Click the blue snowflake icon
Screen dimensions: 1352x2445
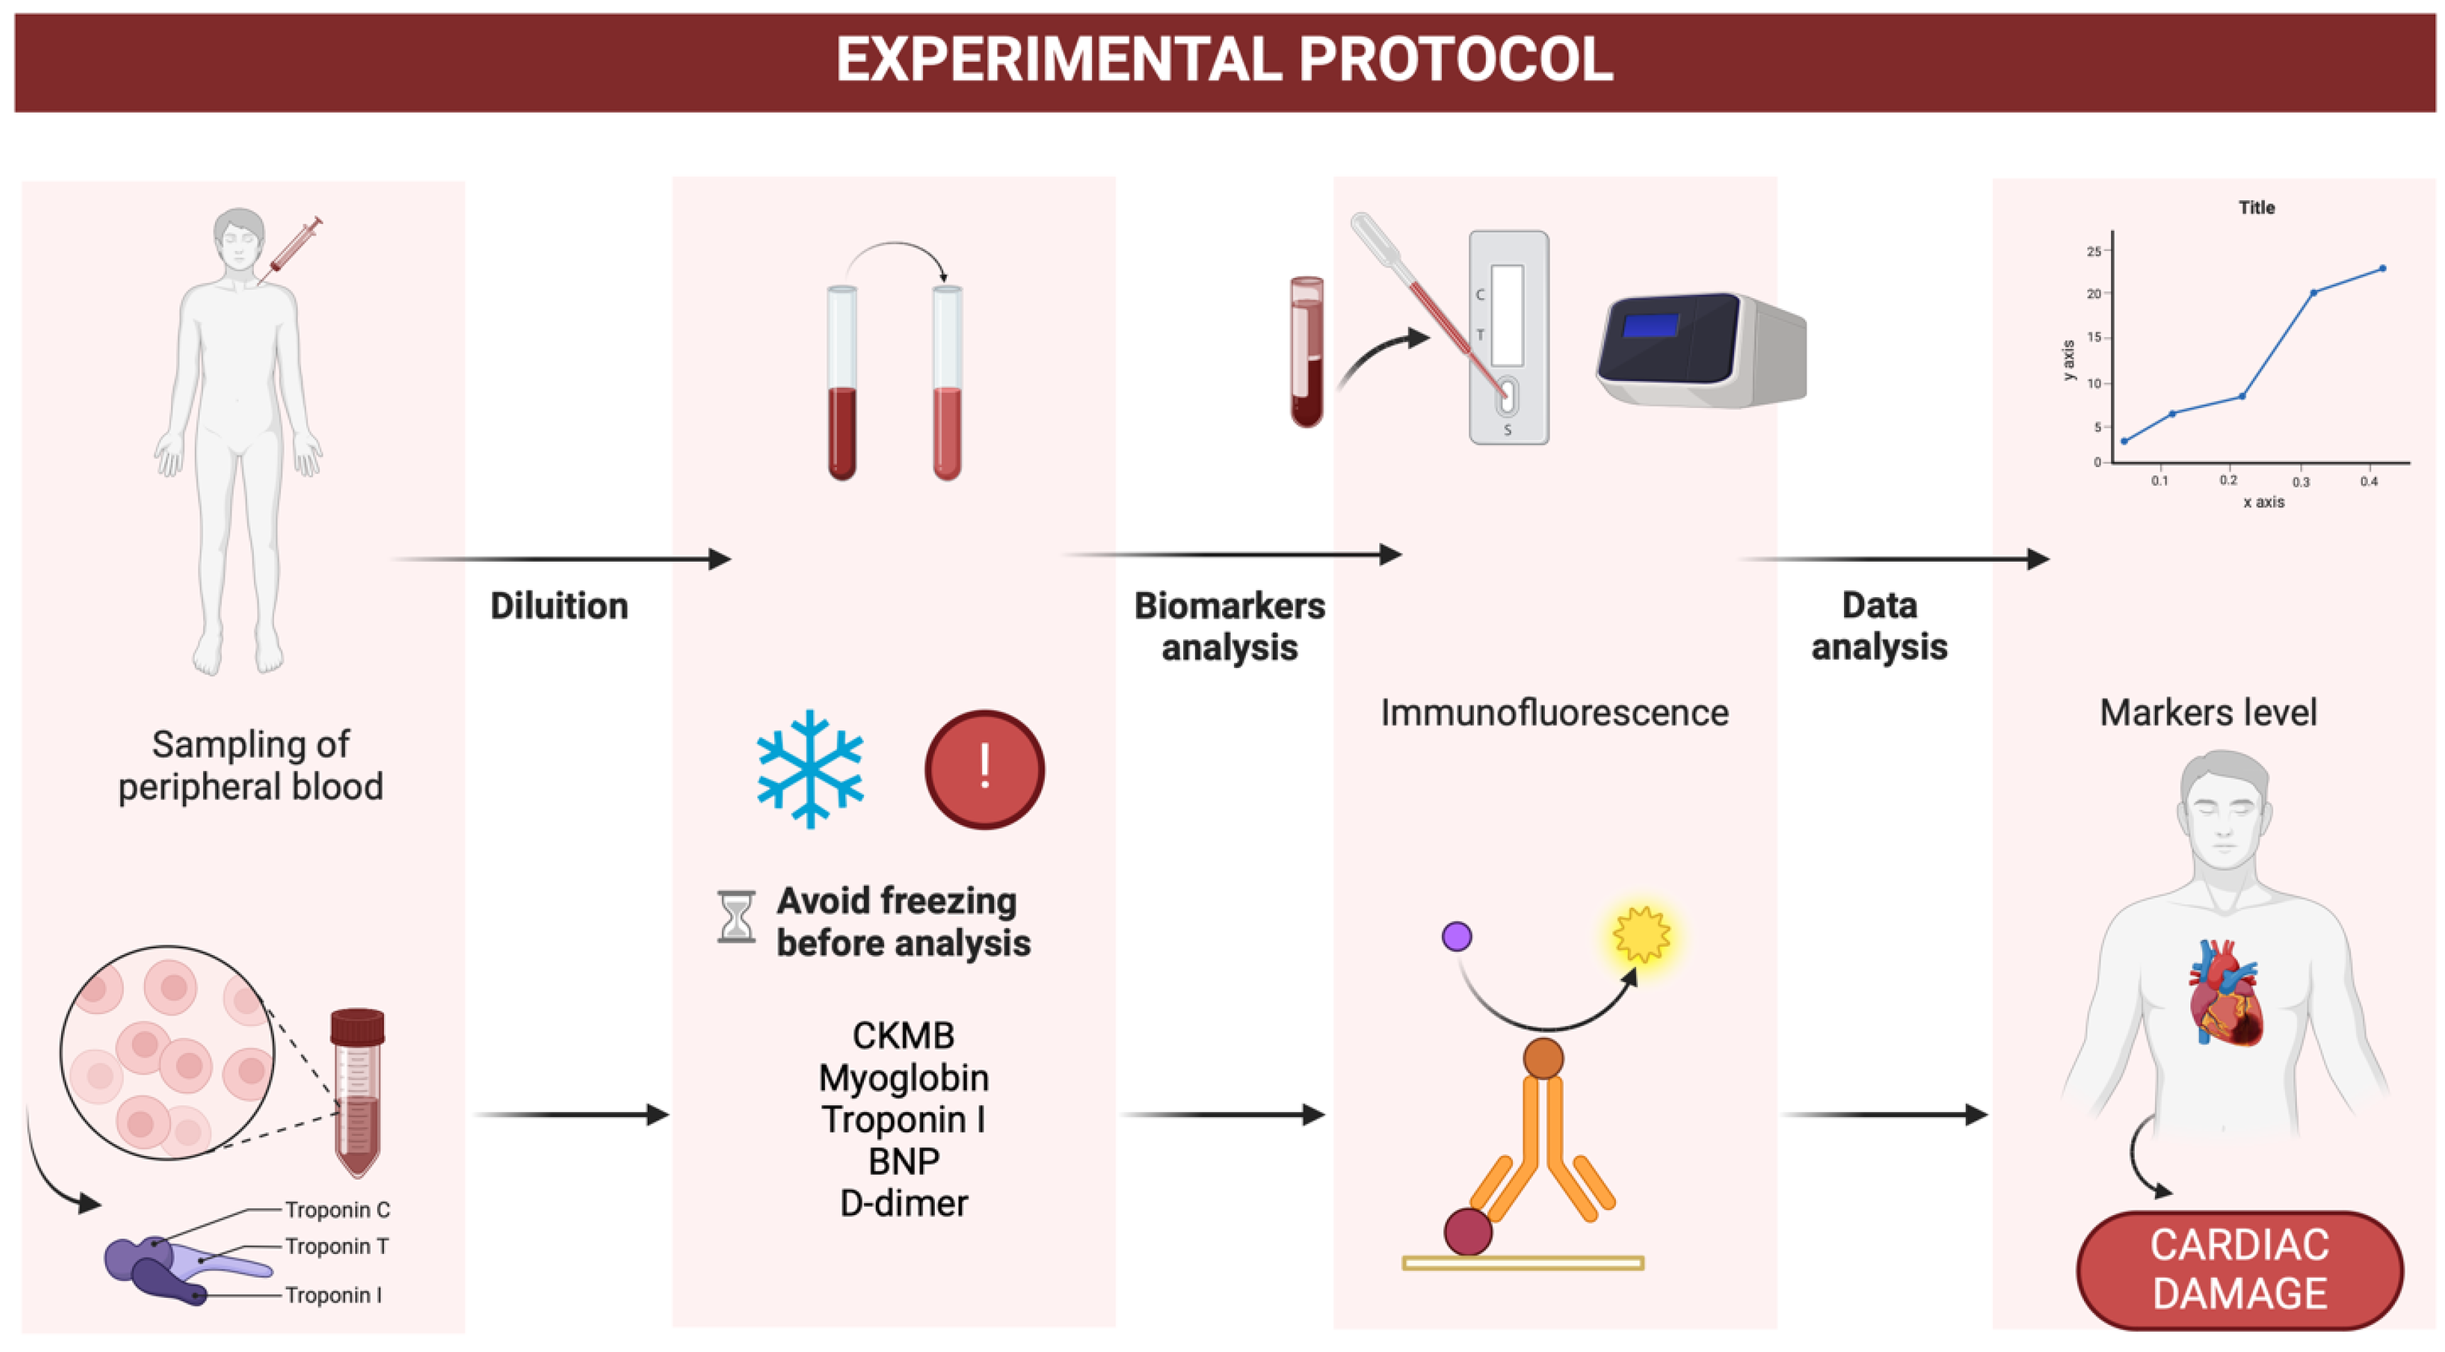810,769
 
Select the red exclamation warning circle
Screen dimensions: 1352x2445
984,769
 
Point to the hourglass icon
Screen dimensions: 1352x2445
736,917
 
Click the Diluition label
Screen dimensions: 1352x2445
559,606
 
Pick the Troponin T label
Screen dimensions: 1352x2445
337,1246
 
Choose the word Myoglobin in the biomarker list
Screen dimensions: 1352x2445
903,1078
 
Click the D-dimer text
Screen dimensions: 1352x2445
904,1203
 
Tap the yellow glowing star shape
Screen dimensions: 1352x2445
1641,934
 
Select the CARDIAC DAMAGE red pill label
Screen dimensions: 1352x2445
2239,1269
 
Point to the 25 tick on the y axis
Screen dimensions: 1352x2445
2094,252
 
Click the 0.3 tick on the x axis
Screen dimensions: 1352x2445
2301,482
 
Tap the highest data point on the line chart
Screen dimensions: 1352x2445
2382,268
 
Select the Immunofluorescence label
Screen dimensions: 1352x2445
1554,712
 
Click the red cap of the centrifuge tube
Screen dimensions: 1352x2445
357,1027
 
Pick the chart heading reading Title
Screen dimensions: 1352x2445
2256,208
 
